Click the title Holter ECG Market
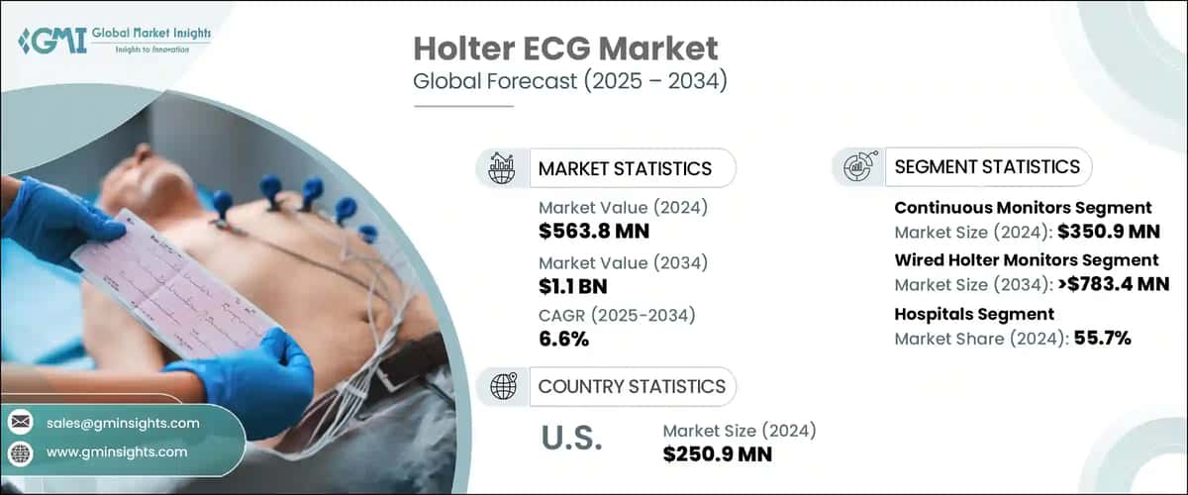coord(565,49)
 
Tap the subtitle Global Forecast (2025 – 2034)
coord(569,81)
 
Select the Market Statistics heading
coord(624,168)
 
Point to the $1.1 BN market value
coord(573,287)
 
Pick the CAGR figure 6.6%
coord(563,340)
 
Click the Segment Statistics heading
coord(986,166)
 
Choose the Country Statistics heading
coord(631,386)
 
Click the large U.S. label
coord(572,440)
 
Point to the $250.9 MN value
coord(718,454)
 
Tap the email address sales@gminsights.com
coord(123,423)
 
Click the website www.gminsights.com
coord(116,451)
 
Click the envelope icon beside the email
coord(20,423)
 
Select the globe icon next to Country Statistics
coord(504,386)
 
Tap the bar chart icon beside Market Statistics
coord(504,168)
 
